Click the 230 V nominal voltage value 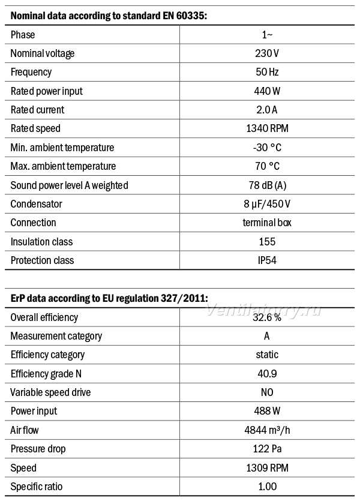[267, 53]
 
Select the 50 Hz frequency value [267, 72]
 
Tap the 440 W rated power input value [267, 91]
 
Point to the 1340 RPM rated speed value [267, 128]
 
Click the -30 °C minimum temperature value [267, 147]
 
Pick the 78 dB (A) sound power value [268, 185]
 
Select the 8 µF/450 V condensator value [267, 204]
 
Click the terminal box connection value [267, 223]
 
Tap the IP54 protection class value [267, 260]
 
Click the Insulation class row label [41, 242]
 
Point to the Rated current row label [37, 110]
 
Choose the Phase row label [23, 35]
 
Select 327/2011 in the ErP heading [184, 298]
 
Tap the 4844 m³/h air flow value [267, 430]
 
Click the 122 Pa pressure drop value [267, 449]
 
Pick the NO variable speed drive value [267, 392]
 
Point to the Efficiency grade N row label [46, 374]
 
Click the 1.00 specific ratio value [267, 487]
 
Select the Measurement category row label [56, 336]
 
